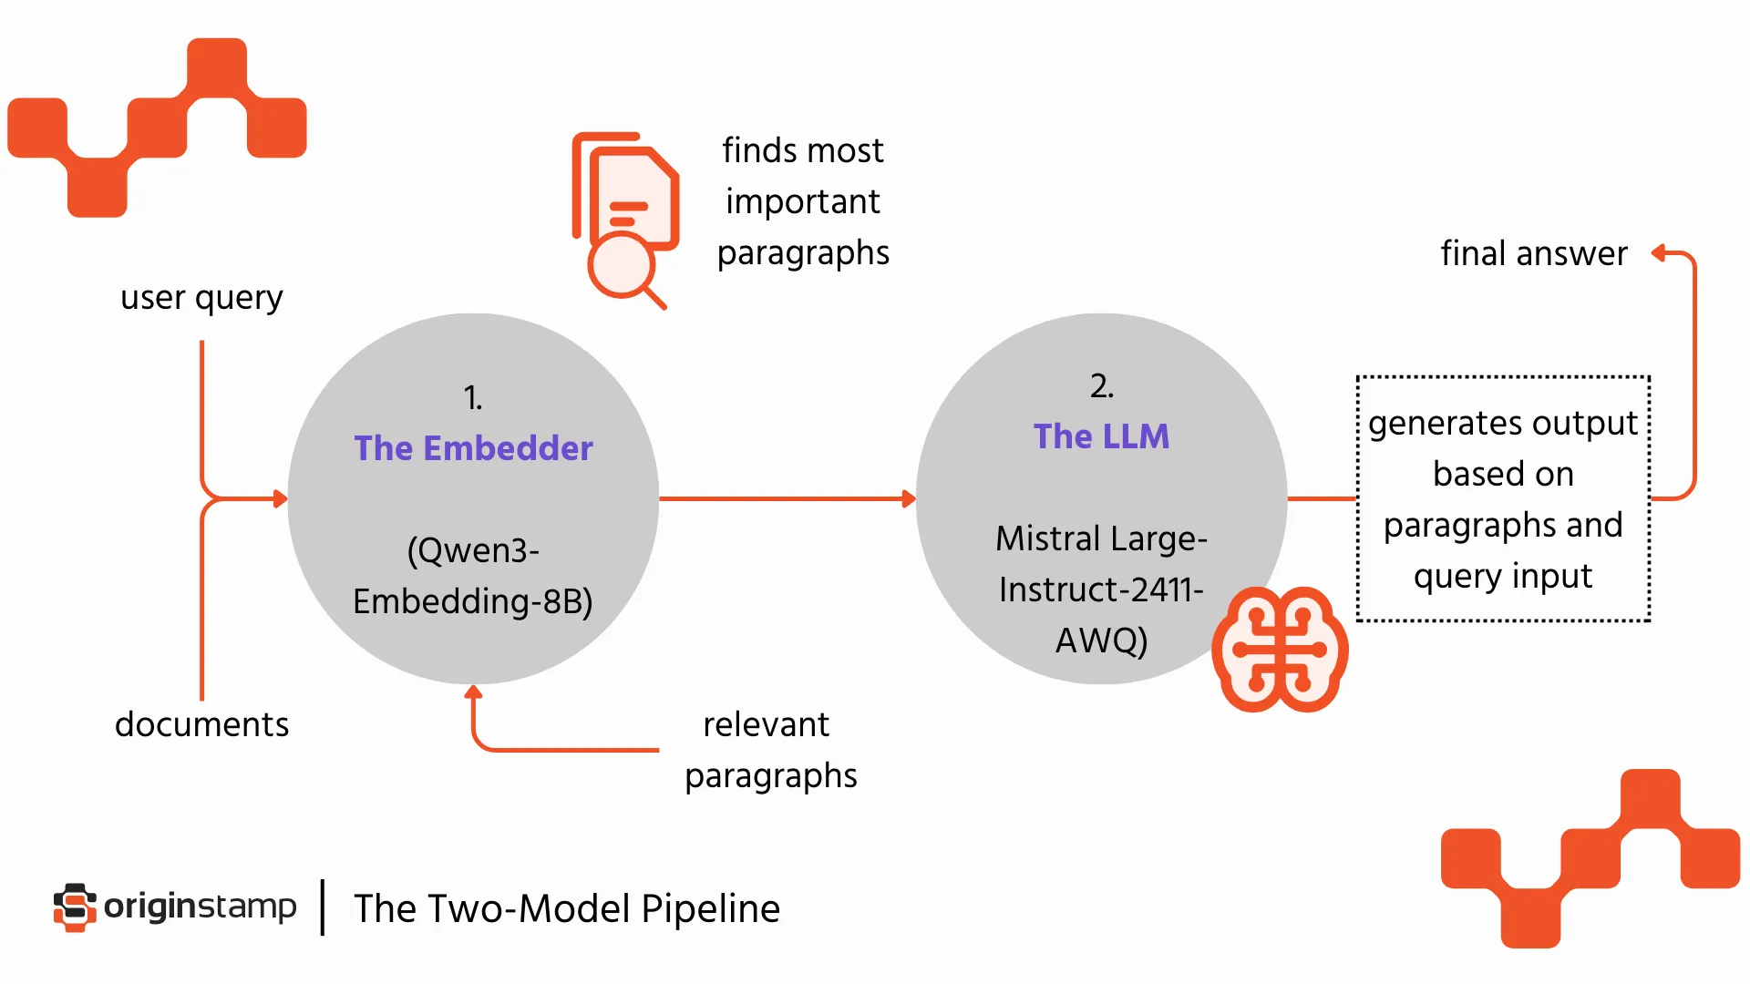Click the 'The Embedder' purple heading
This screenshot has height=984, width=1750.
coord(473,448)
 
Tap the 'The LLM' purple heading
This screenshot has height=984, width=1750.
coord(1101,436)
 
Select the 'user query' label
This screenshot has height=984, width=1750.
coord(201,298)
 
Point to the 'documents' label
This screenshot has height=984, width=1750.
coord(201,724)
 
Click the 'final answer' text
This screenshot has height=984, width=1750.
coord(1533,253)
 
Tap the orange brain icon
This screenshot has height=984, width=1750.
coord(1280,649)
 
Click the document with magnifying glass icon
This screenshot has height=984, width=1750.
coord(625,219)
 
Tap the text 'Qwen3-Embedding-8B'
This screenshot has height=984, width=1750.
coord(473,576)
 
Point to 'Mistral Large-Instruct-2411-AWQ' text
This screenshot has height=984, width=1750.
coord(1101,589)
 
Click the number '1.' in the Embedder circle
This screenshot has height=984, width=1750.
coord(472,397)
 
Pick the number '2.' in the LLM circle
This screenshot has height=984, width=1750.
coord(1101,386)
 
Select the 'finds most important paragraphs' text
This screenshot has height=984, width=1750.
coord(802,201)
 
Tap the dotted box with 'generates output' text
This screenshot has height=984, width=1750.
coord(1503,499)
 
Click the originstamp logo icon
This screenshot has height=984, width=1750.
coord(75,907)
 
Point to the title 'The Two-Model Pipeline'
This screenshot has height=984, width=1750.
coord(566,908)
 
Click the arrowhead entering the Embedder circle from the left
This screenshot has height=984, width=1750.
coord(281,498)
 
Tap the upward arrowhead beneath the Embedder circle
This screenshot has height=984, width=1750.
coord(473,692)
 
